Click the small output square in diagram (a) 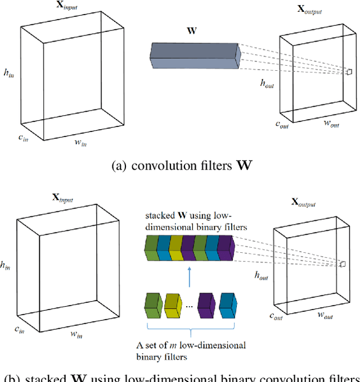(x=349, y=71)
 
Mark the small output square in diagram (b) (x=343, y=263)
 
